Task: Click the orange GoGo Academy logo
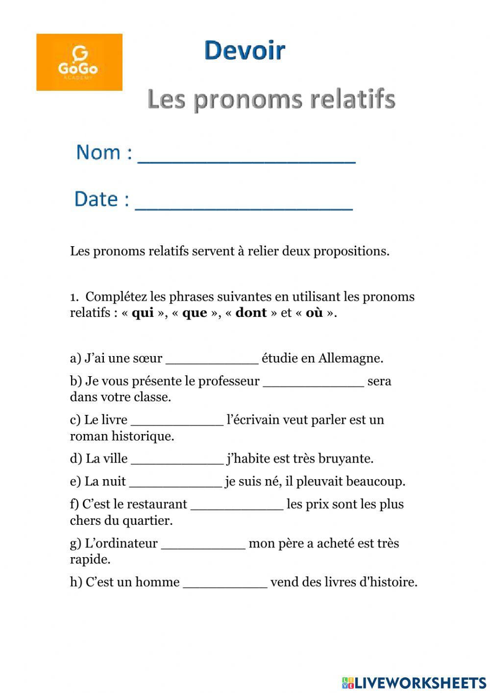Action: coord(79,62)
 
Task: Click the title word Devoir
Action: coord(245,51)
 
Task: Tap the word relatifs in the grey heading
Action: coord(352,99)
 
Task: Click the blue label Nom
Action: coord(98,153)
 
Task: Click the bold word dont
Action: coord(251,313)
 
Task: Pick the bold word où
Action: coord(314,313)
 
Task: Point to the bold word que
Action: coord(195,313)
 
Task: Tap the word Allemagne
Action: coord(350,359)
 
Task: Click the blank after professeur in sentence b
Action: coord(313,384)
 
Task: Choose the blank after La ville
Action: coord(177,461)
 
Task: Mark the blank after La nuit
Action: coord(175,484)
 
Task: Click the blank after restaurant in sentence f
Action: coord(236,507)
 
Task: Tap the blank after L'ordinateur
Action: coord(203,546)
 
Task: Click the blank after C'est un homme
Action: coord(225,585)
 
